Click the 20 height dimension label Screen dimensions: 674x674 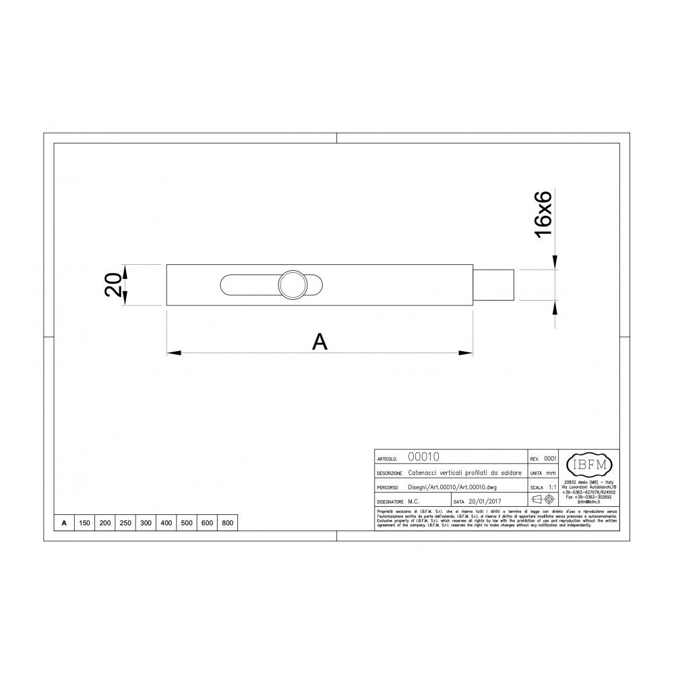[x=114, y=285]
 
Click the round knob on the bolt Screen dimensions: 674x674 [x=293, y=285]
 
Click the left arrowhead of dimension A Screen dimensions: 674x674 [x=173, y=352]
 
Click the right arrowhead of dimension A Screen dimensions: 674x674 [x=466, y=352]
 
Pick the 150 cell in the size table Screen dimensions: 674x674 [x=85, y=523]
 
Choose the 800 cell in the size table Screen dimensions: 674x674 [x=227, y=523]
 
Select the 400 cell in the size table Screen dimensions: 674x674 [x=166, y=523]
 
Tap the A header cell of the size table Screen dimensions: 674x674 [x=63, y=523]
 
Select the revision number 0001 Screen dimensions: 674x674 [x=549, y=458]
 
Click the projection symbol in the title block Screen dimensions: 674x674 [x=543, y=500]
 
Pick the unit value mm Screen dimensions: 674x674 [x=551, y=473]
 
